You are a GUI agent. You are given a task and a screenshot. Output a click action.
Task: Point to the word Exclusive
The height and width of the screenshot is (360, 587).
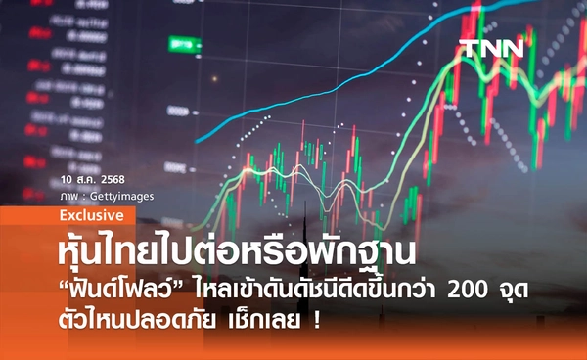coord(91,214)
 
